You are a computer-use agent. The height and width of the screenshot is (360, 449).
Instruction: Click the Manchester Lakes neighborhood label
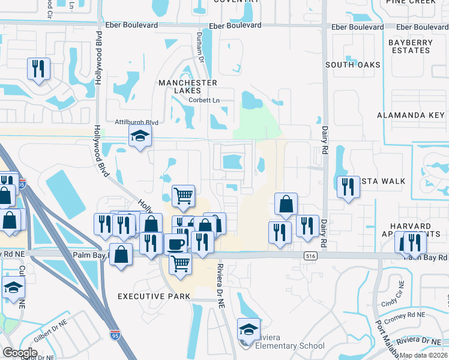[187, 86]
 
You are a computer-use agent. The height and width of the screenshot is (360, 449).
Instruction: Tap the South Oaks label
[353, 64]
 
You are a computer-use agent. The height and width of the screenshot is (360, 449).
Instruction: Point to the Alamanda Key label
[412, 115]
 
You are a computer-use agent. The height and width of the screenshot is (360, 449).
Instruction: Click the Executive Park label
[154, 296]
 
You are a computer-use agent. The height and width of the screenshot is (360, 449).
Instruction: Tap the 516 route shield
[309, 255]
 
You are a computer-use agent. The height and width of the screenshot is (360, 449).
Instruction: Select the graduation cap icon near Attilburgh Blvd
[140, 136]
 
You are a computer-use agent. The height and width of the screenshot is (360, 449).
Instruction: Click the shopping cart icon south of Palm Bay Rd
[180, 263]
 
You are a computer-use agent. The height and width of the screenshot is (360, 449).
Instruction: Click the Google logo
[20, 353]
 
